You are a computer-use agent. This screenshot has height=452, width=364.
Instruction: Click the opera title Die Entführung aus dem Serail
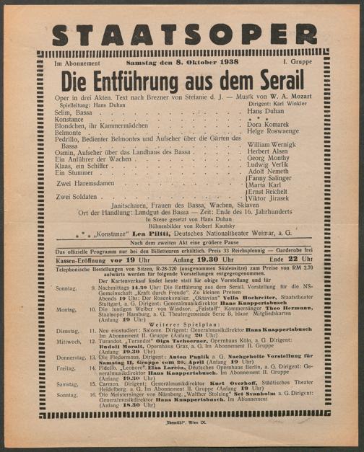tap(183, 81)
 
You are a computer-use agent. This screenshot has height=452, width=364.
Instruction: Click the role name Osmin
tap(66, 153)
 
